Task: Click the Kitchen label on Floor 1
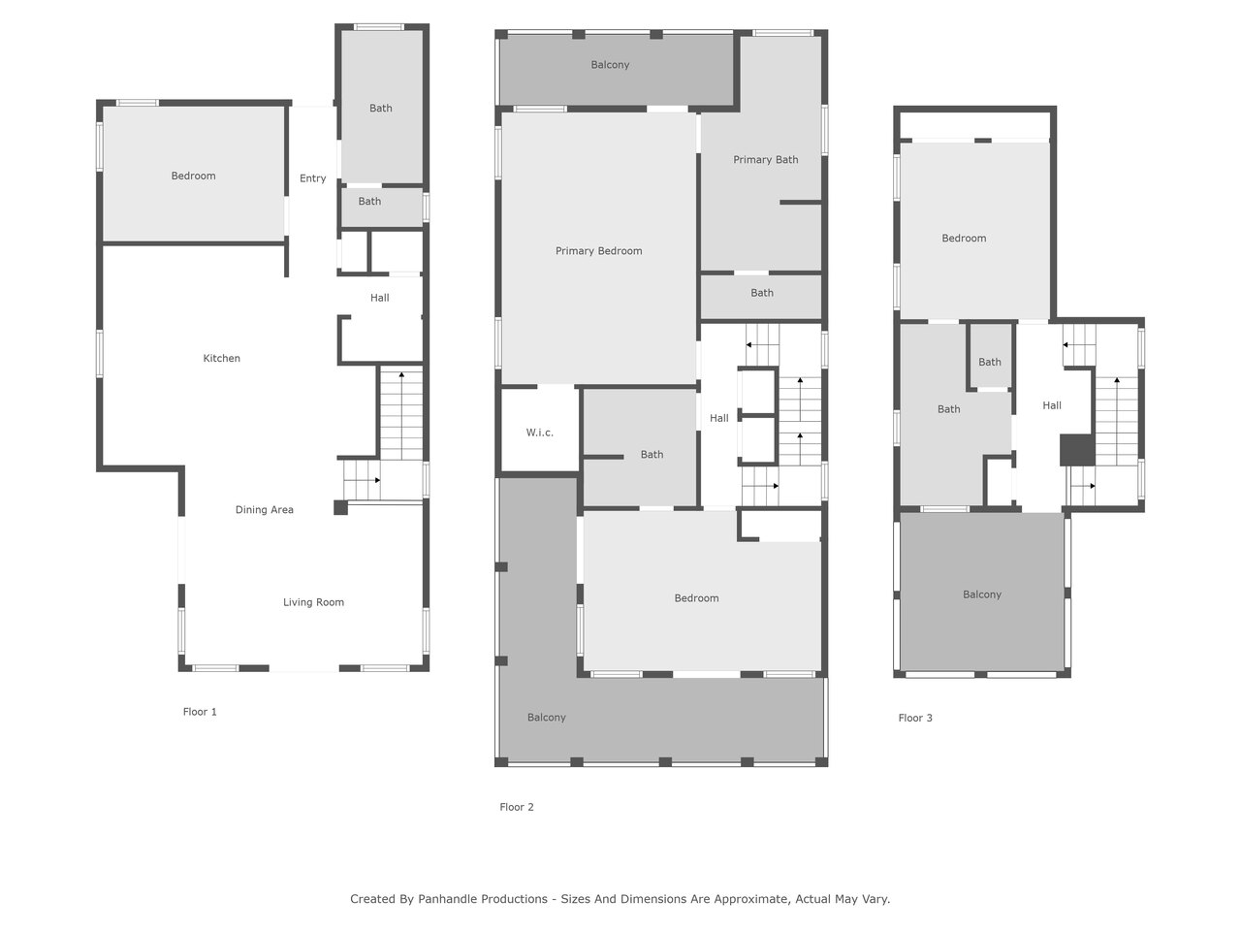pos(221,358)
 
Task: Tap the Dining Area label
pos(264,509)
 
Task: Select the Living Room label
pos(313,602)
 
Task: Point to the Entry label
pos(312,178)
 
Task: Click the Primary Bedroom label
pos(598,251)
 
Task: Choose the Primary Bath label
pos(766,159)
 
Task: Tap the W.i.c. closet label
pos(539,433)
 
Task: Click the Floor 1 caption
pos(200,712)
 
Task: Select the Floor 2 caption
pos(516,807)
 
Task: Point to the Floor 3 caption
pos(915,718)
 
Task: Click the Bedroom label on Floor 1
pos(193,176)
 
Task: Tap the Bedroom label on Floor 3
pos(964,238)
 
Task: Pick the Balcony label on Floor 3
pos(981,594)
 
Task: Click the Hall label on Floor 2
pos(718,418)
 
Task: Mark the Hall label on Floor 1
pos(379,298)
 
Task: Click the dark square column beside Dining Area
pos(340,507)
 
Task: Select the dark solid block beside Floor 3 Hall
pos(1077,450)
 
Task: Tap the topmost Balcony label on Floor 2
pos(610,64)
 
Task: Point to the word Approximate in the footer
pos(751,899)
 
